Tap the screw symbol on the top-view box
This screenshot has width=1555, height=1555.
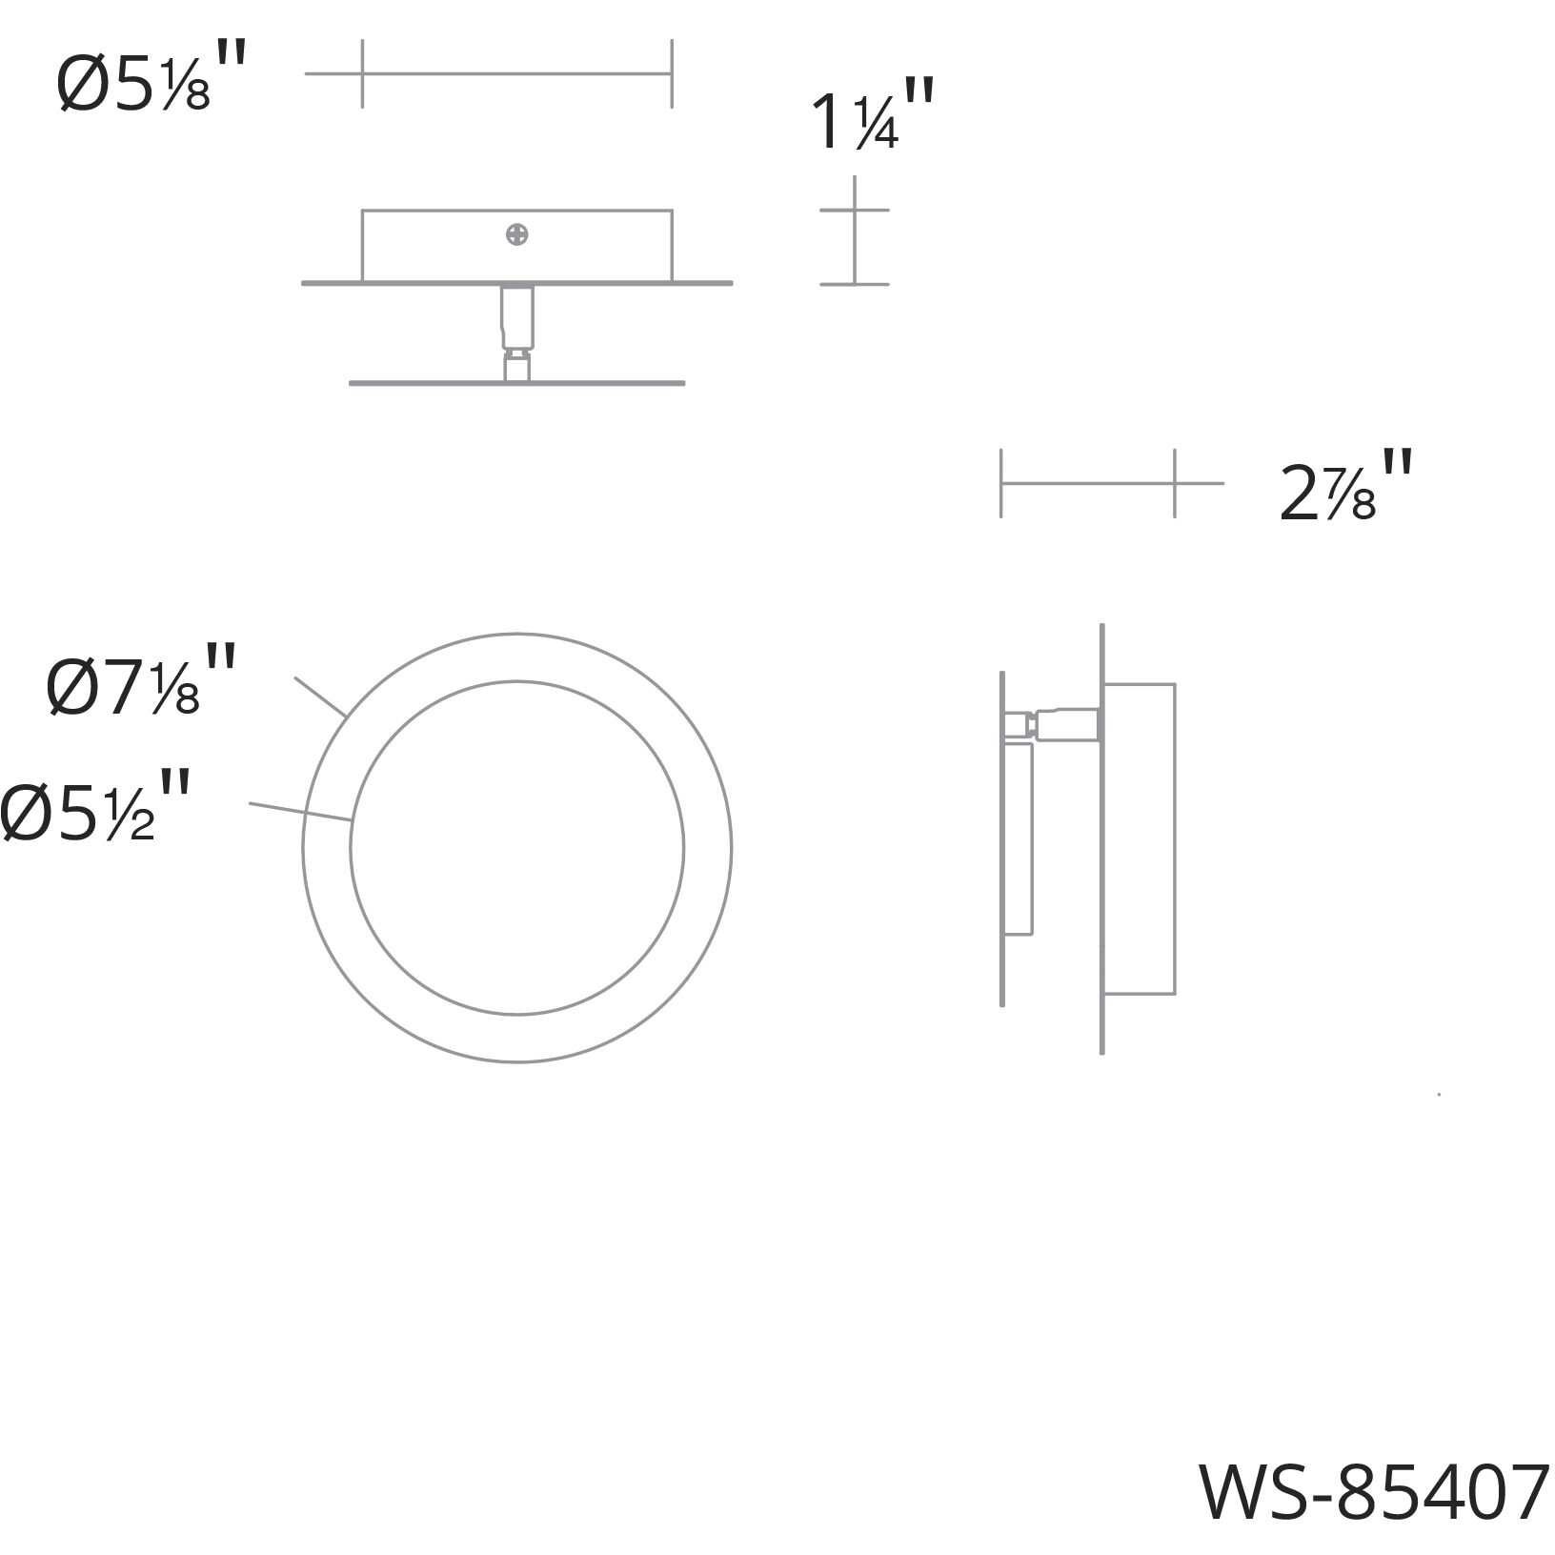tap(517, 234)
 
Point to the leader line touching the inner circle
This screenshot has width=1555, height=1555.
tap(301, 811)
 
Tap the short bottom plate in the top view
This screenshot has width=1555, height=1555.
tap(516, 383)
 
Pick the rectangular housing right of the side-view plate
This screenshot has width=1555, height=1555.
tap(1140, 838)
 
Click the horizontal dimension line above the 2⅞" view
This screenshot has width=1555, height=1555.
tap(1087, 484)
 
